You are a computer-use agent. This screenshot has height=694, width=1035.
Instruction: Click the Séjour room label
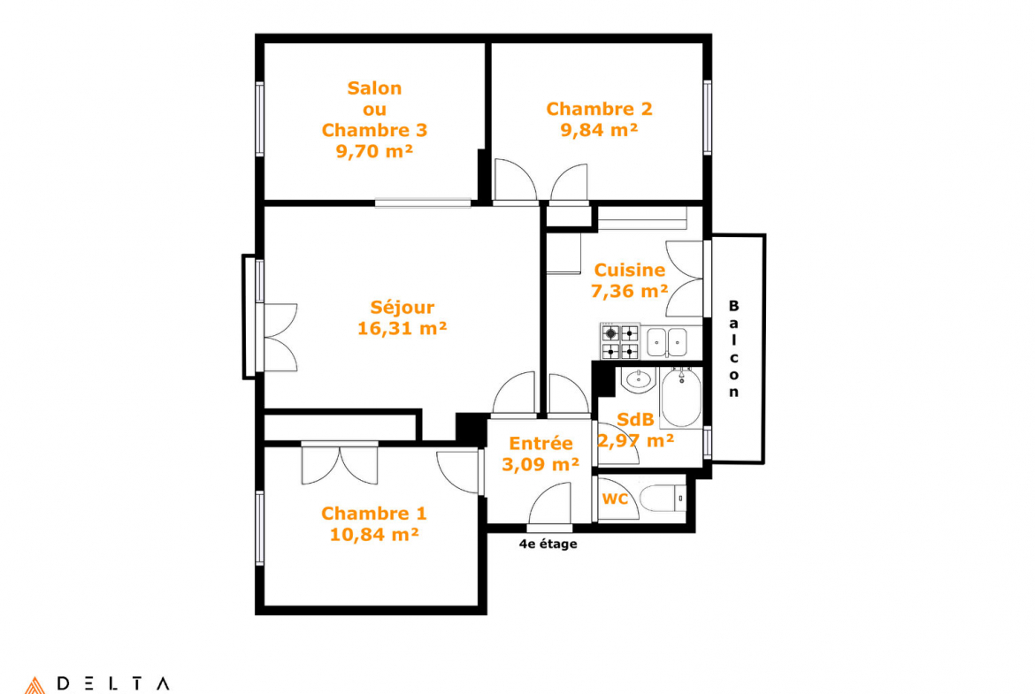(402, 308)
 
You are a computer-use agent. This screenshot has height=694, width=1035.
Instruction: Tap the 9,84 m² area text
(599, 130)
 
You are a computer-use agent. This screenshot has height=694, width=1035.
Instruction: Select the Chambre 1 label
(373, 514)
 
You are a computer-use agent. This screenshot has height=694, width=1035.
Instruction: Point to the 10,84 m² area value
(373, 534)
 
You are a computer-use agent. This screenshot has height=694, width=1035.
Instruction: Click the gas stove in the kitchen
(620, 342)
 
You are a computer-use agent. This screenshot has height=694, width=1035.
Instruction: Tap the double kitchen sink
(666, 342)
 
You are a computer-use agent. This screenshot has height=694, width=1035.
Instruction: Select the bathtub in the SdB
(681, 399)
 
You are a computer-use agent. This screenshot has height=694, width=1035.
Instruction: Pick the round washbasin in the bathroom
(638, 379)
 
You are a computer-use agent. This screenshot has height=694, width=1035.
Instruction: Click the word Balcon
(733, 349)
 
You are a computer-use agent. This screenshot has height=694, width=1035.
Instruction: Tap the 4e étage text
(548, 545)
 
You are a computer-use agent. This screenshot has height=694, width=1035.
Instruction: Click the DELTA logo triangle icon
(35, 685)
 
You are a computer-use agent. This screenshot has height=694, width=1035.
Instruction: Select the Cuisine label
(630, 270)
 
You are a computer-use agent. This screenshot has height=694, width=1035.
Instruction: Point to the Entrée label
(540, 443)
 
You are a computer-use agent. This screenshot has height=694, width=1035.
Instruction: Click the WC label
(615, 499)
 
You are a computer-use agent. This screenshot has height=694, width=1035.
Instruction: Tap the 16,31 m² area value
(402, 329)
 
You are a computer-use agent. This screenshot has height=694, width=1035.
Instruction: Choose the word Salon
(374, 88)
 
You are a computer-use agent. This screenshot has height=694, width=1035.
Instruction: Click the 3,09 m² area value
(540, 464)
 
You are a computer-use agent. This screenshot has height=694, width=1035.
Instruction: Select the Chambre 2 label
(599, 109)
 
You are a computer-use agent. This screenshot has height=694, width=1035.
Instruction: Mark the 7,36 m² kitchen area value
(630, 291)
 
